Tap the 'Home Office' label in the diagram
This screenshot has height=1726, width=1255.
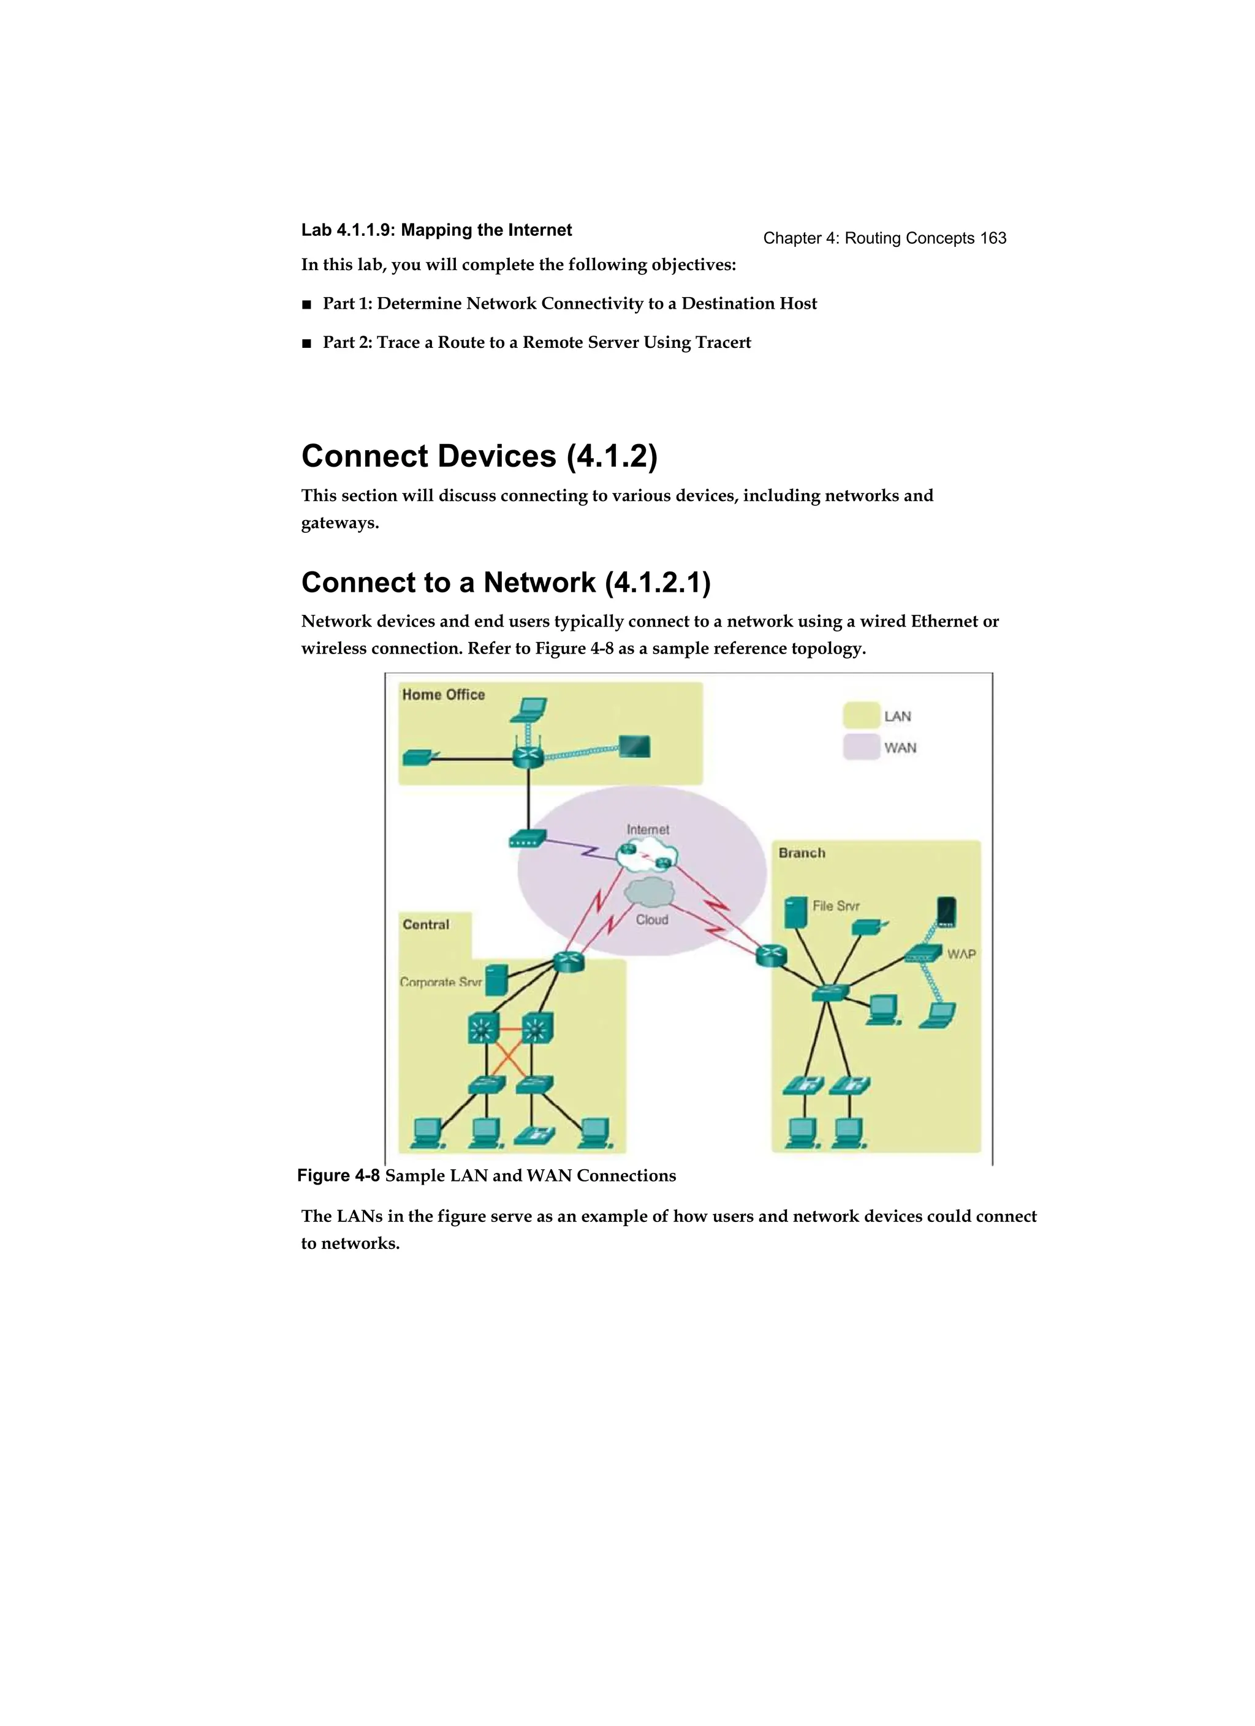pyautogui.click(x=443, y=694)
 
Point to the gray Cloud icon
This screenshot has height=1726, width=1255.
pyautogui.click(x=650, y=891)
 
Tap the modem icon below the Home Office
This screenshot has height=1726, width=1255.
pyautogui.click(x=527, y=839)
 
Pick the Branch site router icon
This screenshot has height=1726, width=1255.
pyautogui.click(x=771, y=955)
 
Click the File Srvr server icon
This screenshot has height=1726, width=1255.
pyautogui.click(x=795, y=912)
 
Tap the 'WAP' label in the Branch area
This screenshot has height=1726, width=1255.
pyautogui.click(x=961, y=954)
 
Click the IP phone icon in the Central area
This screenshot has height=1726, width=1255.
pyautogui.click(x=534, y=1136)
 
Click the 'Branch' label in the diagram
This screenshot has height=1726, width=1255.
pyautogui.click(x=801, y=853)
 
